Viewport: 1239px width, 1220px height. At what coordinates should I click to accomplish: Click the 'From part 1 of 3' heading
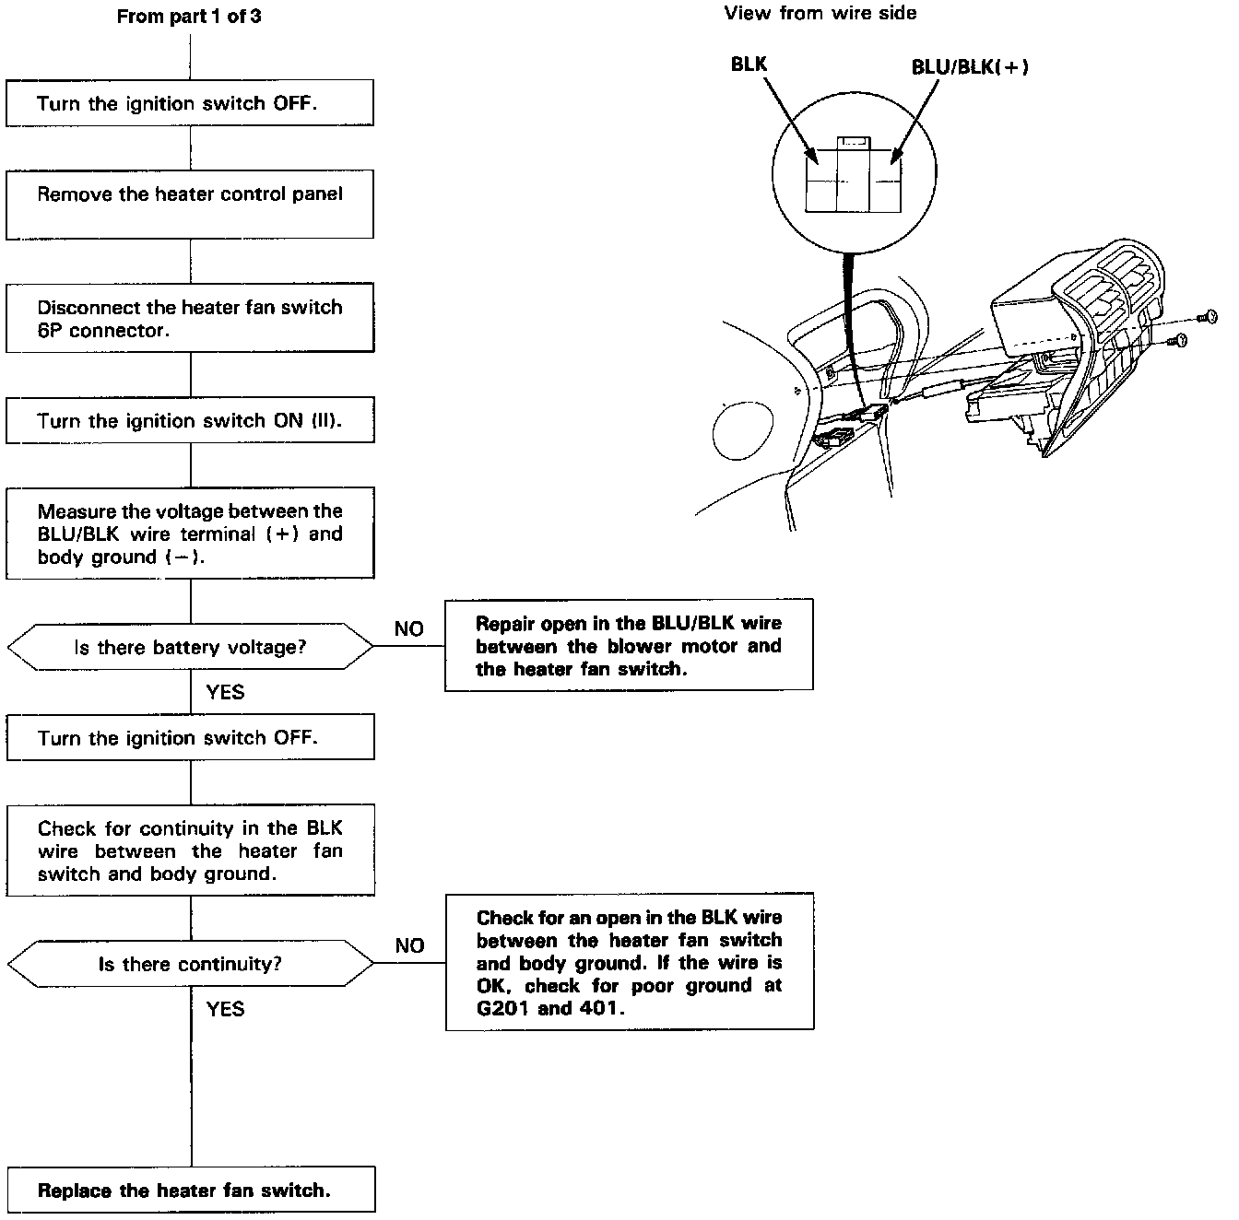point(188,17)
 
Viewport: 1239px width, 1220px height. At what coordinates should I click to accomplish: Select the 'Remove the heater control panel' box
point(190,204)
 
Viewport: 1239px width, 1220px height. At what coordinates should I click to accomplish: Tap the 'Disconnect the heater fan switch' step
point(190,318)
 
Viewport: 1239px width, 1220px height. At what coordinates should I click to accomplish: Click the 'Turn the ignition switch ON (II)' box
point(190,420)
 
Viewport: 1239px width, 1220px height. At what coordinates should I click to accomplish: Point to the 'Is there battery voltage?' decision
point(190,648)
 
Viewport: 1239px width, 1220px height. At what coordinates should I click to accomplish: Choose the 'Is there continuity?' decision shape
point(190,964)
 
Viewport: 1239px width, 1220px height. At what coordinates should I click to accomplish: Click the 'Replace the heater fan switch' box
point(190,1190)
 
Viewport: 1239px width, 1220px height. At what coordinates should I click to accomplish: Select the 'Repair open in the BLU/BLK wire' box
point(629,645)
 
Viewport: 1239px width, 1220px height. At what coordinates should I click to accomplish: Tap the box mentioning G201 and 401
point(629,962)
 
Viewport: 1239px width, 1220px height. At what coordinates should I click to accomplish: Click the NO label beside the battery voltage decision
point(408,628)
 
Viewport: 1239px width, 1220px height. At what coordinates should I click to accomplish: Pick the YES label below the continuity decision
point(225,1008)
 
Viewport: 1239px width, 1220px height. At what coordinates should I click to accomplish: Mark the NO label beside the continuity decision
point(409,945)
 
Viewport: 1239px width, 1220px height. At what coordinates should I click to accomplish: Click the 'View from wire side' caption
point(820,13)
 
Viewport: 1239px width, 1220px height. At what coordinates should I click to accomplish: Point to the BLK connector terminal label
point(749,64)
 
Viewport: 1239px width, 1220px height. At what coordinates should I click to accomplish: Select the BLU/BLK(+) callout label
point(970,66)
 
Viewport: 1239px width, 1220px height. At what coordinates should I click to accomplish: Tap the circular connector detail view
point(853,175)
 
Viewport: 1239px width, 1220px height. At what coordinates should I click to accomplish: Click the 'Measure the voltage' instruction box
point(190,534)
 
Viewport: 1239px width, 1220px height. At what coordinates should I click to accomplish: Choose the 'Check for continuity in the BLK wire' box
point(190,850)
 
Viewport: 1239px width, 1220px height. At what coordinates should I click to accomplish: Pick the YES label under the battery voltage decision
point(225,692)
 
